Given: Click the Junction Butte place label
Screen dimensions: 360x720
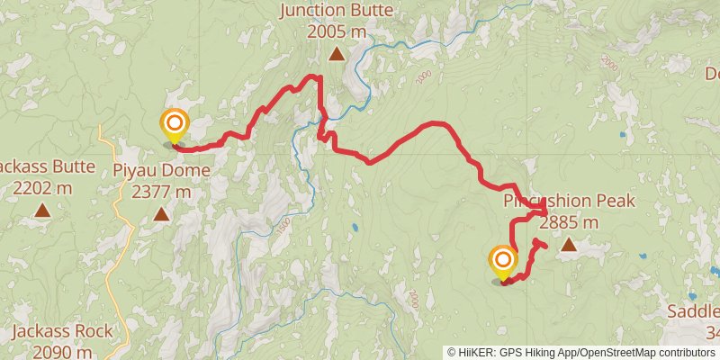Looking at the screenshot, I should [x=337, y=11].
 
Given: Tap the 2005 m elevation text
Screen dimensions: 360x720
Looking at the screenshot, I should [x=337, y=31].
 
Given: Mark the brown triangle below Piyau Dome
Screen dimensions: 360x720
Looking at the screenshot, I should [x=161, y=214].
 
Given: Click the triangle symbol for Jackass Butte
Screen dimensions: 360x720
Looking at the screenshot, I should [x=41, y=211].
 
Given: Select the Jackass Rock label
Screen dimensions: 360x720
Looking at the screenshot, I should [x=63, y=332].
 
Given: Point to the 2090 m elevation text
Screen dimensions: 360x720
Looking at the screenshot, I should [x=63, y=352].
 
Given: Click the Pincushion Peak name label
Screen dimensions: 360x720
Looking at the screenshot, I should [x=570, y=201].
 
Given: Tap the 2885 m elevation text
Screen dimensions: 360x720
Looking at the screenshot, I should [x=569, y=221].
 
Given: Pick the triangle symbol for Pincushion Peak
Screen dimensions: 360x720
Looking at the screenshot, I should [x=569, y=244].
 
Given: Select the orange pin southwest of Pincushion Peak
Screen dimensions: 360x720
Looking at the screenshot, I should [x=502, y=262].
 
